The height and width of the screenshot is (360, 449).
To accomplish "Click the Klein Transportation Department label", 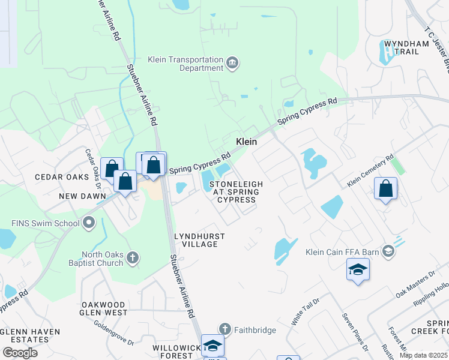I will pos(185,64).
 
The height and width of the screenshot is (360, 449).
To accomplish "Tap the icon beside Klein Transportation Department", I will pos(232,63).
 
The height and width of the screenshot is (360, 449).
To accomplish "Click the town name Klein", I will pos(246,142).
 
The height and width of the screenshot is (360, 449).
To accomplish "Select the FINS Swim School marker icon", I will pos(89,224).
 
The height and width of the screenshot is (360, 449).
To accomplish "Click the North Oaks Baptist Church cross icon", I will pos(133,259).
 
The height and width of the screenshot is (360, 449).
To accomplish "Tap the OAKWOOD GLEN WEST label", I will pos(104,308).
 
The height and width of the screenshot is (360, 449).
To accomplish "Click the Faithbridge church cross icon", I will pos(224,329).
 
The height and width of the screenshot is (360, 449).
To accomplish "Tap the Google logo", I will pos(20,352).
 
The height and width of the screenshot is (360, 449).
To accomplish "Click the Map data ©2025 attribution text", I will pos(423,355).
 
